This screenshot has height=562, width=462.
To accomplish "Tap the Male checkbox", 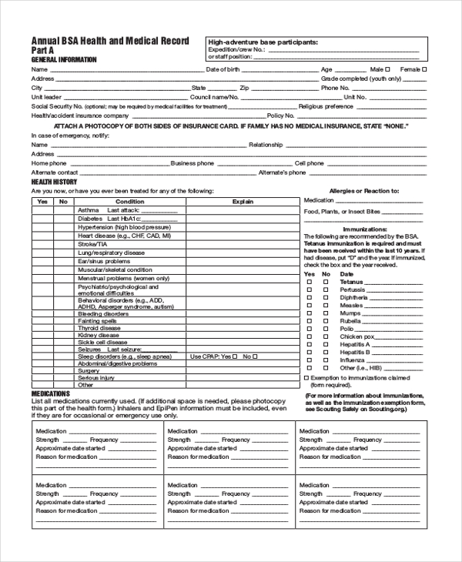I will (388, 69).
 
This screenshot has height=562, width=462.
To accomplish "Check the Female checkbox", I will (424, 69).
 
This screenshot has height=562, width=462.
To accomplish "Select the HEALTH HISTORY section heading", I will (53, 182).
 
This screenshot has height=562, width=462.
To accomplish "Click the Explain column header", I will (243, 201).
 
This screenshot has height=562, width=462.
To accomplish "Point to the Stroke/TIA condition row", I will (92, 244).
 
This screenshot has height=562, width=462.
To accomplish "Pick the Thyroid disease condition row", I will (99, 328).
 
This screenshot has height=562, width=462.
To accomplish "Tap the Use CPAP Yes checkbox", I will (236, 356).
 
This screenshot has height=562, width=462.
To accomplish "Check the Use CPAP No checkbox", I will (255, 356).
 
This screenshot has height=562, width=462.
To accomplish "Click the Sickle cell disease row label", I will (101, 343).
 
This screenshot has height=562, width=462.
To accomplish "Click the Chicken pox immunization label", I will (357, 336).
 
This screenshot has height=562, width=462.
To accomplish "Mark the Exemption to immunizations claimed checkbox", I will (306, 378).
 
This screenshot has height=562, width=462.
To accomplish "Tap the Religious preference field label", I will (326, 106).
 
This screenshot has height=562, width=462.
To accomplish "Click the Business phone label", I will (192, 163).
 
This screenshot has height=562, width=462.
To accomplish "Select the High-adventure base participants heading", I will (263, 42).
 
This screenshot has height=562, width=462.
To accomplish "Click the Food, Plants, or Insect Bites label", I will (342, 211).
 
